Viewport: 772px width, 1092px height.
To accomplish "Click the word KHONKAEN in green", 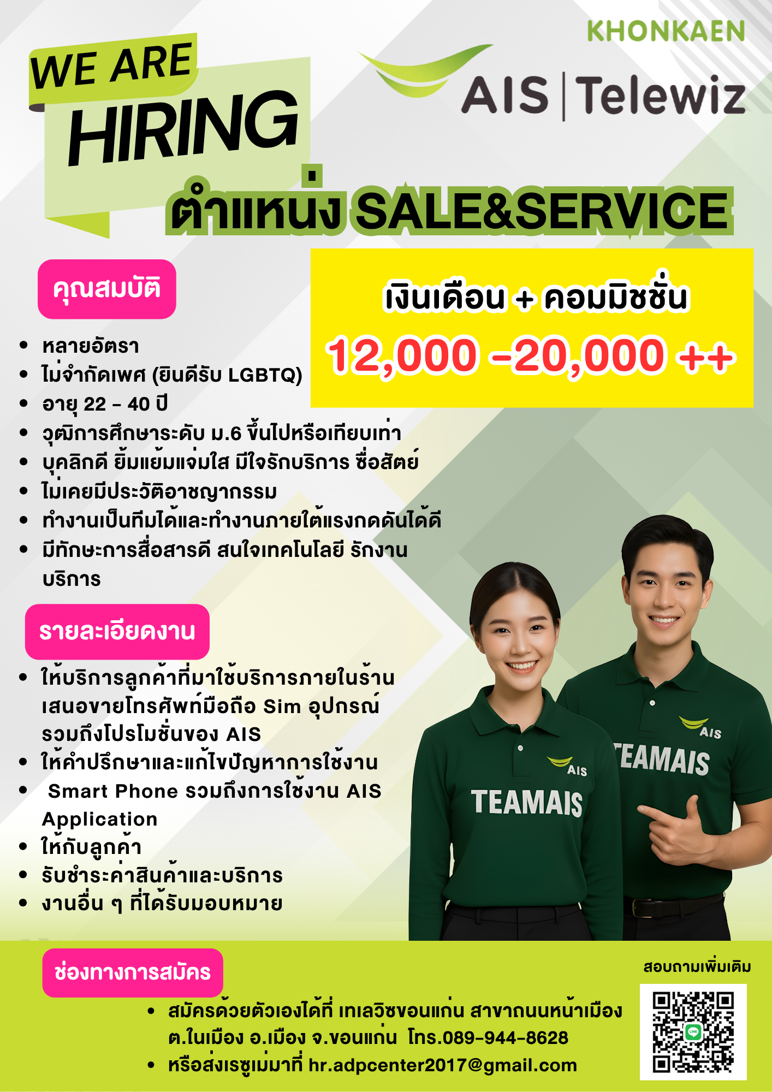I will click(666, 32).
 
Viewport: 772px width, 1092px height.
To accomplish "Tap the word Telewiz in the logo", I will click(661, 96).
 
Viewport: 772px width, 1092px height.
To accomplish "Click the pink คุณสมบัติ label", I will click(107, 289).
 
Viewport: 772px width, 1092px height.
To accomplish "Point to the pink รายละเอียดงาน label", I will click(117, 632).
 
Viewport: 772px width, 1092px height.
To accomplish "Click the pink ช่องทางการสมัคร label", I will click(133, 972).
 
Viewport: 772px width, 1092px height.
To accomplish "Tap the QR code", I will click(693, 1032).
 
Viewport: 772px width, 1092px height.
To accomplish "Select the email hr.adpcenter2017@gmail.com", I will click(443, 1065).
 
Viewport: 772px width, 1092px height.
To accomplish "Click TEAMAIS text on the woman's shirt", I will click(527, 803).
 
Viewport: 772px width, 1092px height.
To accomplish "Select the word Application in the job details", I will click(100, 819).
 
